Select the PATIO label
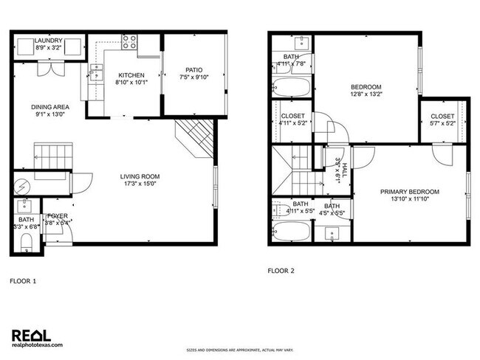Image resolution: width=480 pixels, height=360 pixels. click(x=194, y=70)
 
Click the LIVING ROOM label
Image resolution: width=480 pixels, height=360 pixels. click(x=140, y=176)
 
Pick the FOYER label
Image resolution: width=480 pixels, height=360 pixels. click(x=57, y=215)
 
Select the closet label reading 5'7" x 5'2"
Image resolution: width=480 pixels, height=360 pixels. click(x=443, y=117)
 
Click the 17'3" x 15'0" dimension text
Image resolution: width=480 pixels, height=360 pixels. click(x=140, y=184)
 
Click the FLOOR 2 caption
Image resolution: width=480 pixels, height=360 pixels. click(x=281, y=271)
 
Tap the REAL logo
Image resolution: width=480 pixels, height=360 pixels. click(x=32, y=333)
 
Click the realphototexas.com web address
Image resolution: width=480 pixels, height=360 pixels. click(x=38, y=345)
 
